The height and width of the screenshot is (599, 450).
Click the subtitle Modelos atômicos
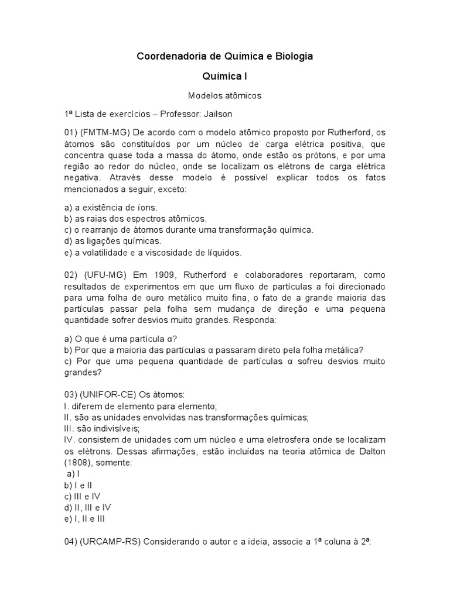click(x=224, y=95)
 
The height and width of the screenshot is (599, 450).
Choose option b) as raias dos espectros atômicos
click(x=135, y=218)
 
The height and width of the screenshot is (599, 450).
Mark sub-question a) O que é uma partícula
click(x=121, y=339)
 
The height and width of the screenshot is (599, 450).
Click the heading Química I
click(x=224, y=76)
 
